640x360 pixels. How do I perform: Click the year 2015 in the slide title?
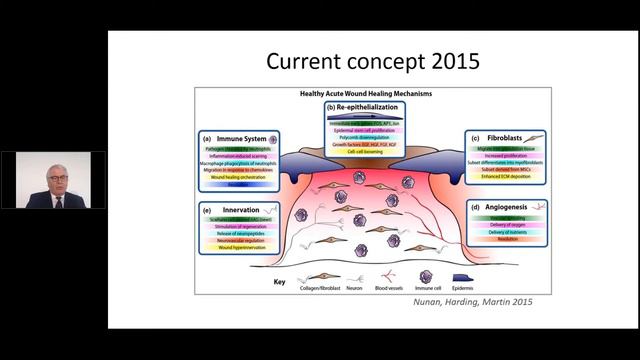(449, 62)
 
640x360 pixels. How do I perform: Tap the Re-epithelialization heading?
(372, 105)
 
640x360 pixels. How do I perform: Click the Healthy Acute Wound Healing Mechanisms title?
(372, 92)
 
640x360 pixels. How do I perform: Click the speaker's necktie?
(53, 199)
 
